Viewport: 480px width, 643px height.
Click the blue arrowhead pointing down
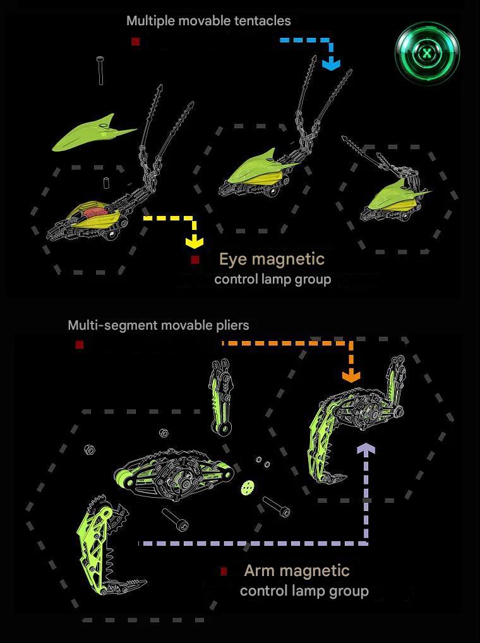pos(331,64)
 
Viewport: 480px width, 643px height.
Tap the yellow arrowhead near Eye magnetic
pos(195,242)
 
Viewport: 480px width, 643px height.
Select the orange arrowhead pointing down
pos(351,376)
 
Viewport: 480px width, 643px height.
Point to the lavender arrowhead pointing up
pos(366,448)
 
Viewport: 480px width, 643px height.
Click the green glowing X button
pos(428,53)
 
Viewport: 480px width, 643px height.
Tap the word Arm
pos(260,570)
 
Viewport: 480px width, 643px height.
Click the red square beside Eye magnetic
pos(195,260)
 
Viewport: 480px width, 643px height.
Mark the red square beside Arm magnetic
pos(224,571)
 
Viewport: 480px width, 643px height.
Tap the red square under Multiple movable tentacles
pos(135,42)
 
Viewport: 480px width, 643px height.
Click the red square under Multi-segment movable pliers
pos(80,344)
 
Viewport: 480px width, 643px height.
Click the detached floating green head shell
pos(93,132)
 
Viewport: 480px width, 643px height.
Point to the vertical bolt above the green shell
pos(100,71)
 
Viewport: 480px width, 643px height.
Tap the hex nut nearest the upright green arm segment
pos(163,433)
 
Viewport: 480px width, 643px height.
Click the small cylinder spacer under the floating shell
pos(107,183)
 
